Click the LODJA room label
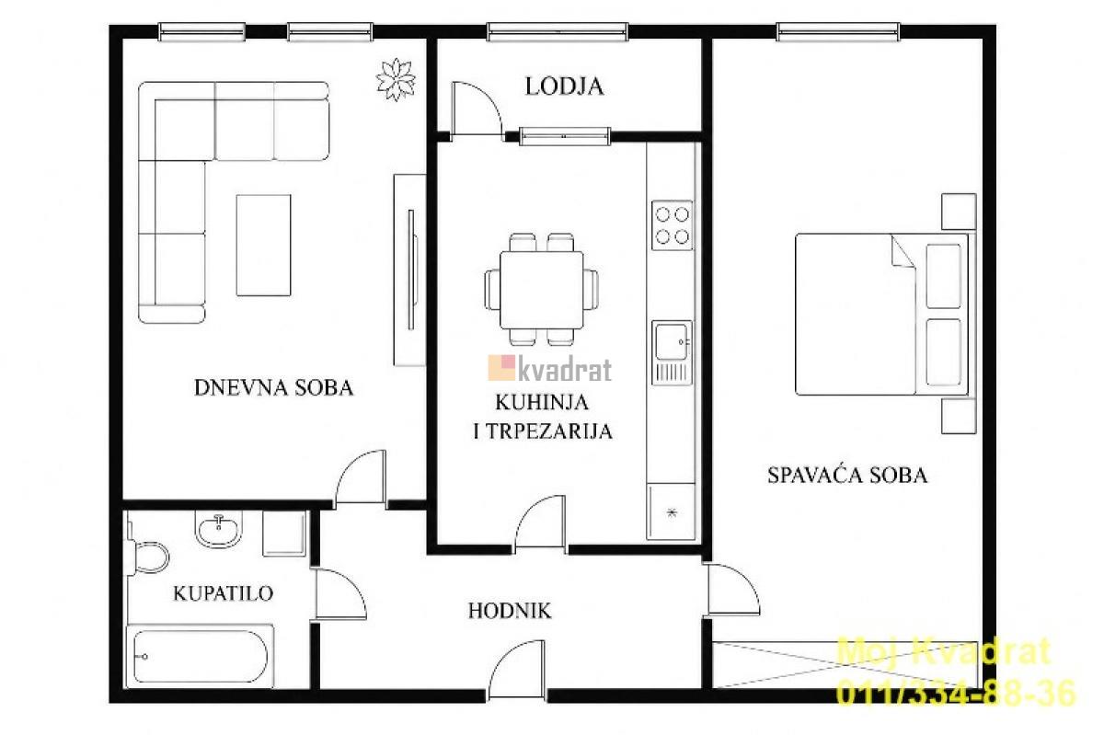coord(564,86)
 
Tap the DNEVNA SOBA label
coord(273,388)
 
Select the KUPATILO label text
coord(224,593)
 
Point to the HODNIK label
coord(510,611)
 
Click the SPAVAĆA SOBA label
coord(847,475)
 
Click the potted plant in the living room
coord(396,79)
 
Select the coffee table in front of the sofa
coord(264,245)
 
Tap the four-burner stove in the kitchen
coord(672,225)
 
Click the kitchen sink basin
coord(671,341)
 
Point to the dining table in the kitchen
coord(542,290)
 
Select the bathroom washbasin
coord(219,529)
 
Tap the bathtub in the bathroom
coord(201,656)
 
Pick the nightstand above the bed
coord(959,212)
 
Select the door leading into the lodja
coord(477,108)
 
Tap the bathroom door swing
coord(341,593)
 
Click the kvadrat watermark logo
coord(550,369)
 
